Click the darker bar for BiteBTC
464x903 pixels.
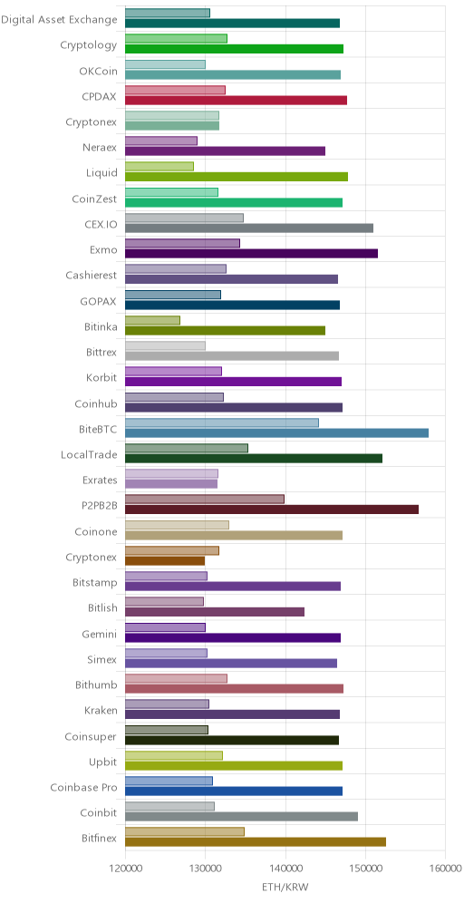[276, 433]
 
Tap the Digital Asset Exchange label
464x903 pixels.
[59, 20]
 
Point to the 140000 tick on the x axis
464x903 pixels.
[285, 869]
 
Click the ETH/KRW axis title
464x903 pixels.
[285, 888]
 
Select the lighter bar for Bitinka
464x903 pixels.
[152, 320]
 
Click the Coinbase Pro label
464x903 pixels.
[84, 787]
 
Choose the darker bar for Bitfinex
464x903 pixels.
[255, 842]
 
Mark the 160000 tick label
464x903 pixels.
[446, 869]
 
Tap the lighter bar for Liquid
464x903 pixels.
[159, 167]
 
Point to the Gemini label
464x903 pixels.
[101, 634]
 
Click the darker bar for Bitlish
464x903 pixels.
[214, 612]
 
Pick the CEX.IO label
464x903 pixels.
[101, 225]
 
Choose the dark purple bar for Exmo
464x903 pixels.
[251, 253]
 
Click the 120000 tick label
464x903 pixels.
[125, 869]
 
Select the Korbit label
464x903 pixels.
[102, 378]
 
